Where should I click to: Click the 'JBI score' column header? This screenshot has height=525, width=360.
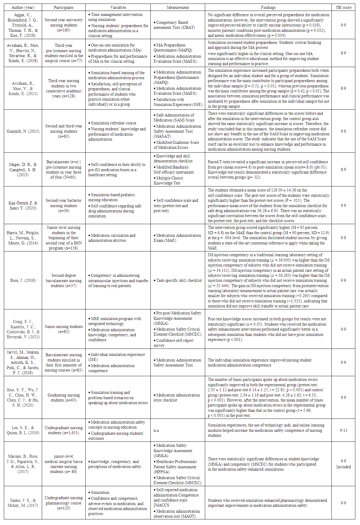pos(343,7)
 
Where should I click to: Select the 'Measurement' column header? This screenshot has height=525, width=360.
pos(177,7)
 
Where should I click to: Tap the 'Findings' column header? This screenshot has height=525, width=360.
pos(268,7)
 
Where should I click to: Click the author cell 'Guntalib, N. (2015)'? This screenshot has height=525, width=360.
pos(23,131)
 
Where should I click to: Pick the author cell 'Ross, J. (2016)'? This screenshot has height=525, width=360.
pos(23,280)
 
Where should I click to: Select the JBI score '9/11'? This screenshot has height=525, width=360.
pos(343,430)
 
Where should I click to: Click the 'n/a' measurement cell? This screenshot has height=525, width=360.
pos(156,430)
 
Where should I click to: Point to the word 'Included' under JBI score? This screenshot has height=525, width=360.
pos(344,467)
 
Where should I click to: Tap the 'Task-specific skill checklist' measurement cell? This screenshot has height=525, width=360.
pos(179,280)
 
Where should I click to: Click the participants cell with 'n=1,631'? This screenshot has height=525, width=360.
pos(64,430)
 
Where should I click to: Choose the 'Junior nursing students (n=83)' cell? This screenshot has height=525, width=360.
pos(64,329)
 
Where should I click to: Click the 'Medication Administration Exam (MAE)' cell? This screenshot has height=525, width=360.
pos(178,238)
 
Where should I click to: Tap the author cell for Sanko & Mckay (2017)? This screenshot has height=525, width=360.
pos(23,503)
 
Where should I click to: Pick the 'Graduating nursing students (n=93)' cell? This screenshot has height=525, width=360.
pos(64,397)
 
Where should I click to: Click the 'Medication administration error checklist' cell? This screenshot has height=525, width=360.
pos(178,397)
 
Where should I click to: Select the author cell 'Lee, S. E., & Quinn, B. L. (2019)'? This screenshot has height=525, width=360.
pos(23,430)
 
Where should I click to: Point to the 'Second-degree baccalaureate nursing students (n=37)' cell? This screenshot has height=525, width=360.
pos(64,280)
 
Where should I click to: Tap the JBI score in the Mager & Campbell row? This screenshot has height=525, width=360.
pos(343,169)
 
